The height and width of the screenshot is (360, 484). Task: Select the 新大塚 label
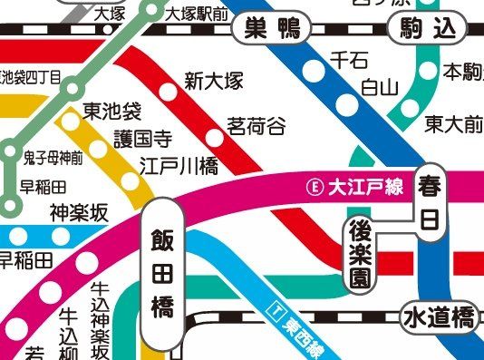[x=214, y=81]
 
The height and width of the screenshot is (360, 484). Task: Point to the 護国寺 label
[x=142, y=139]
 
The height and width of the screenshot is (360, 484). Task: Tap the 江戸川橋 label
[x=179, y=166]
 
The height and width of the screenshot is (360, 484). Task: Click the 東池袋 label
[x=112, y=112]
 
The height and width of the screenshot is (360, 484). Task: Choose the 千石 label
[x=348, y=61]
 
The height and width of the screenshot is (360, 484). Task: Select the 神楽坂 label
[x=79, y=212]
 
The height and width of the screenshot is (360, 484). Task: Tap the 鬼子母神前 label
[x=53, y=157]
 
